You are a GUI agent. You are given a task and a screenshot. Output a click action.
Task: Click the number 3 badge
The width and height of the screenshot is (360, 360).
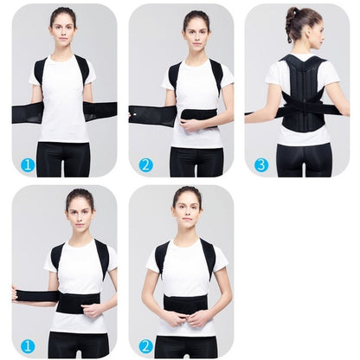[x=260, y=164]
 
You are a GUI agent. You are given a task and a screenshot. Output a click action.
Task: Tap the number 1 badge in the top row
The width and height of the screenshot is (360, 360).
[x=27, y=164]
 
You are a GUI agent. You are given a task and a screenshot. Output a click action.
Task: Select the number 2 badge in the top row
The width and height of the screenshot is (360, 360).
[x=145, y=164]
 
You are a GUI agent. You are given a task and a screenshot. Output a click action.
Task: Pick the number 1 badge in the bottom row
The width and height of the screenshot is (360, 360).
[x=27, y=345]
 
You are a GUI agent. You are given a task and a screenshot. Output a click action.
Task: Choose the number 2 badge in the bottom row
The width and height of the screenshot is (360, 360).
[x=145, y=345]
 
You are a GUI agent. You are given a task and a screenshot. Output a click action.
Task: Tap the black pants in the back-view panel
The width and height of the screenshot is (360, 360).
[x=303, y=159]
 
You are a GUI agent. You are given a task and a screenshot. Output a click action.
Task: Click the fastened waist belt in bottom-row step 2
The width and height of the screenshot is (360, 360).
[x=186, y=304]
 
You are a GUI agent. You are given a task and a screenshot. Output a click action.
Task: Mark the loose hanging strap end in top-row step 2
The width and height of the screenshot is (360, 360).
[x=143, y=115]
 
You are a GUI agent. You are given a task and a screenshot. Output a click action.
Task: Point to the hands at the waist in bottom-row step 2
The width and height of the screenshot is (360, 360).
[x=186, y=318]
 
